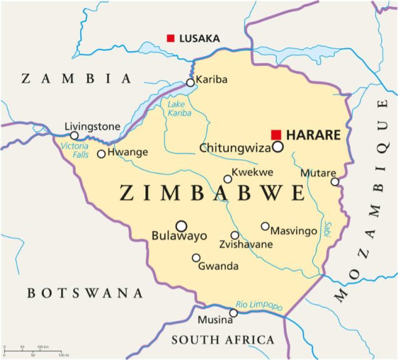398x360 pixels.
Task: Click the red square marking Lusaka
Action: (170, 38)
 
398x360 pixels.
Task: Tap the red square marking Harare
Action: (276, 135)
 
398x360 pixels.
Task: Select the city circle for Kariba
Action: (190, 82)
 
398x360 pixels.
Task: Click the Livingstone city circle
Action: (74, 135)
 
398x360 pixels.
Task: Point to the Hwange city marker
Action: (101, 153)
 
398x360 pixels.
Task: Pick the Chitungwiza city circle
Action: (277, 147)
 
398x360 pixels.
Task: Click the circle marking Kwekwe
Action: (228, 179)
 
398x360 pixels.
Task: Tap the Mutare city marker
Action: (335, 182)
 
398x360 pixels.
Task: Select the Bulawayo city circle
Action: (181, 225)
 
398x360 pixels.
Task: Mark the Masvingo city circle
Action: (265, 226)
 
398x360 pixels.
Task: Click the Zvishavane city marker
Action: (235, 235)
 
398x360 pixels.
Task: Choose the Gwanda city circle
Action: (196, 257)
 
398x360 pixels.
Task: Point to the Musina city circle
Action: (233, 312)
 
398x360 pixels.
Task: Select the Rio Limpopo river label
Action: (259, 305)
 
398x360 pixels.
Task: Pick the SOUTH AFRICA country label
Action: (223, 340)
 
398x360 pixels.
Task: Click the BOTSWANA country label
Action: (85, 293)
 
